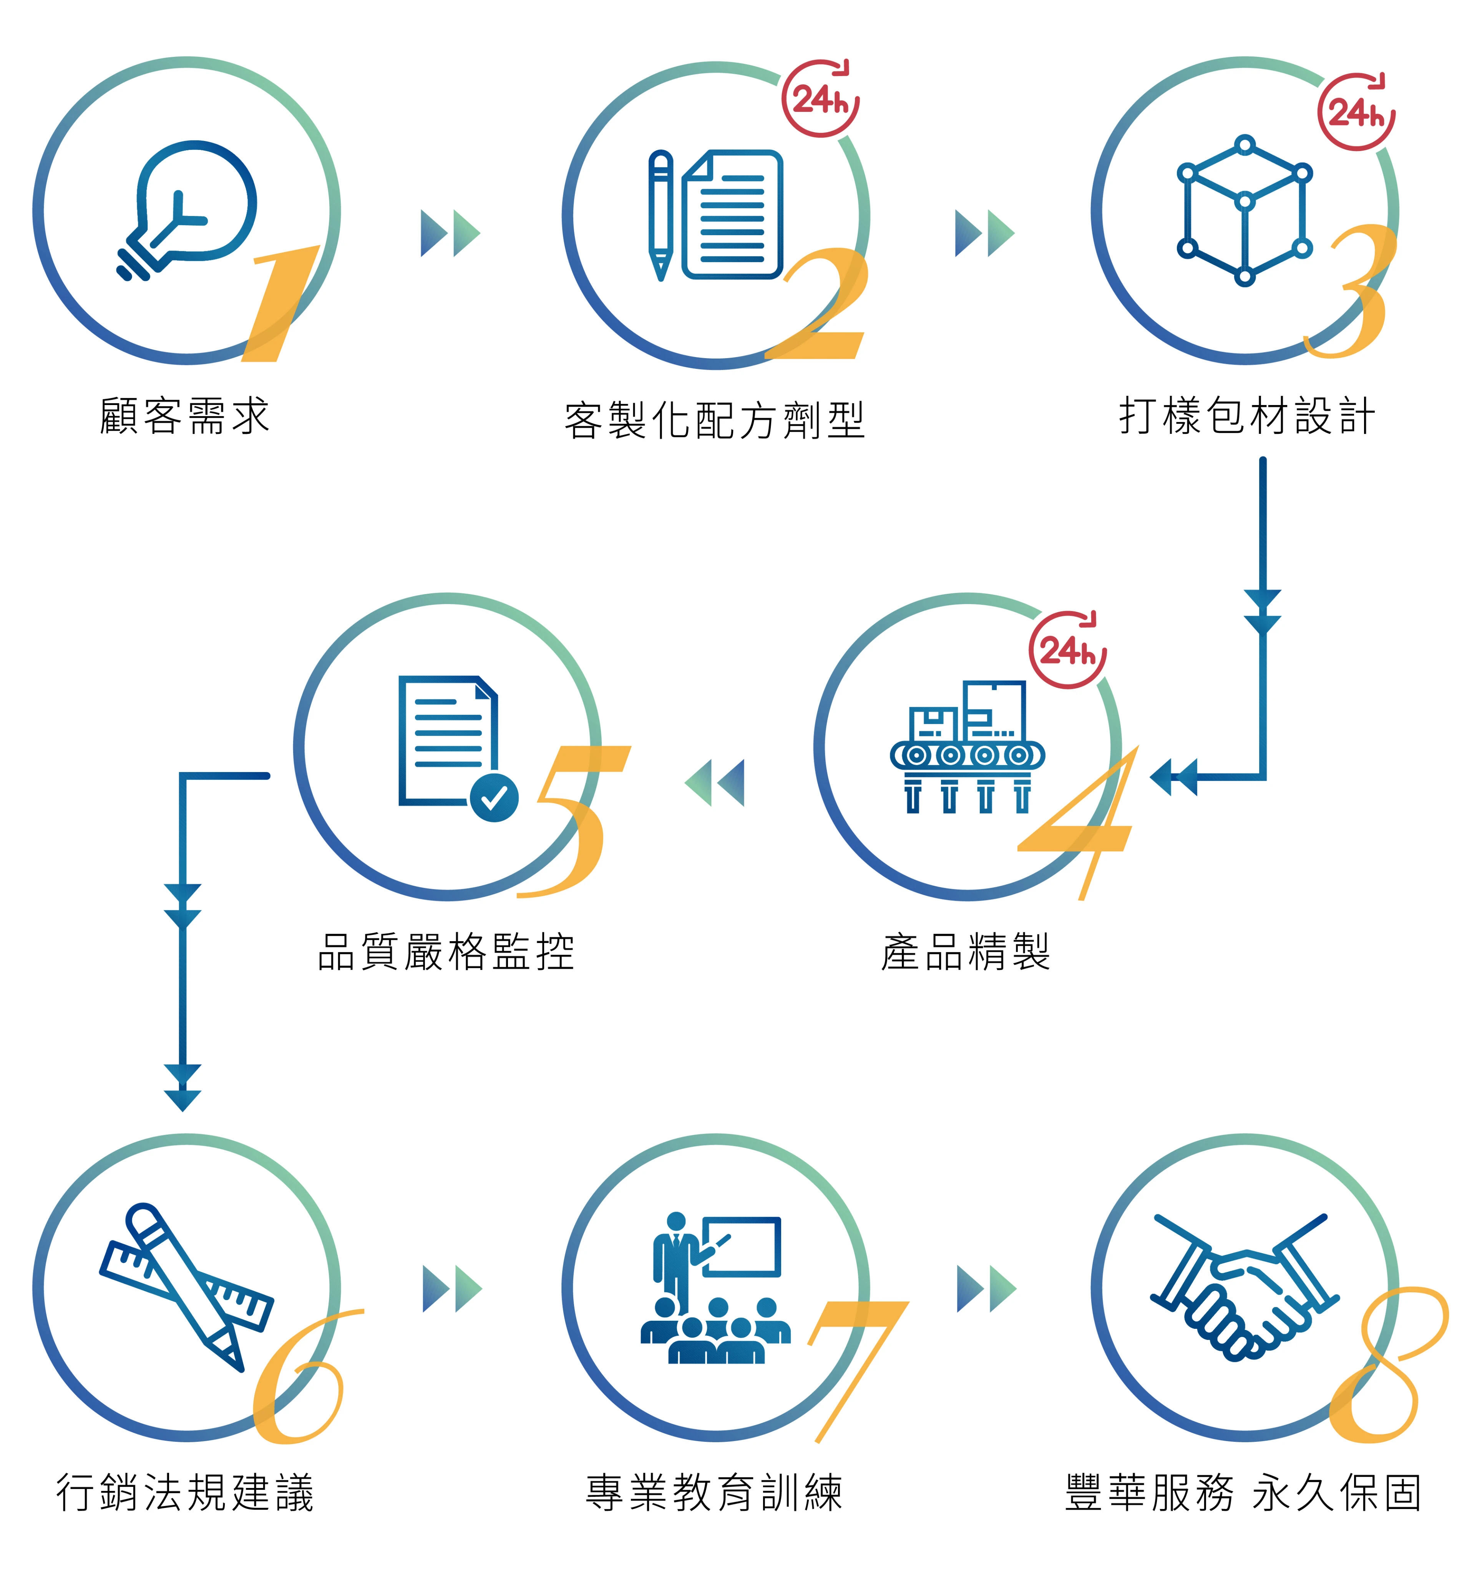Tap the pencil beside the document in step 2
point(660,214)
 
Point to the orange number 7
point(855,1362)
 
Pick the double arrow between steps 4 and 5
point(715,782)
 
